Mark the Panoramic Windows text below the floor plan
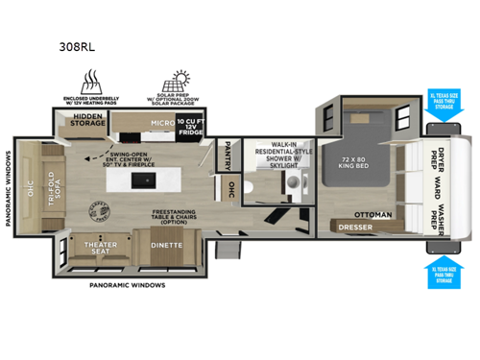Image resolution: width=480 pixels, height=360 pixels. point(127,285)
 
